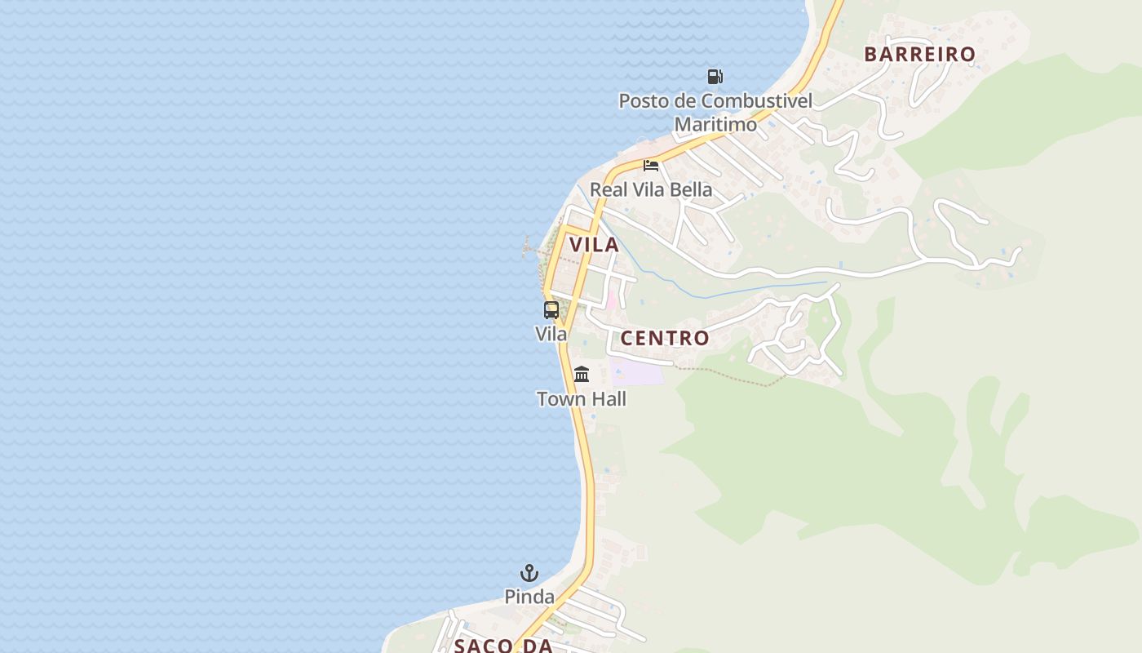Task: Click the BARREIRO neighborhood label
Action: (x=919, y=55)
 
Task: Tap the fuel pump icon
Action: (x=715, y=77)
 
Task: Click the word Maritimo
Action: (x=715, y=125)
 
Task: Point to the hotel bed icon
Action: (x=651, y=166)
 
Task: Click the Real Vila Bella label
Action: (x=651, y=190)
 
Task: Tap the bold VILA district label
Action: (x=594, y=245)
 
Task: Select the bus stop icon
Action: (x=551, y=310)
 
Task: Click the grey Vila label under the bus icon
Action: (x=551, y=334)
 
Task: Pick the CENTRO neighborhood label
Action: (x=665, y=338)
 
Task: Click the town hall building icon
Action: (x=582, y=375)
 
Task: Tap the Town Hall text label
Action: (x=582, y=399)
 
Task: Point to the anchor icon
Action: (x=529, y=573)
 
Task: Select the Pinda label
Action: (x=529, y=597)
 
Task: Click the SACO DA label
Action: (x=503, y=646)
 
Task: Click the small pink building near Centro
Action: (x=611, y=300)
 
